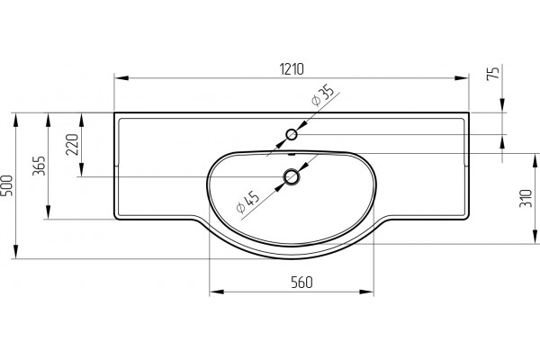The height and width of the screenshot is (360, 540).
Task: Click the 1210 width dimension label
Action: [x=292, y=69]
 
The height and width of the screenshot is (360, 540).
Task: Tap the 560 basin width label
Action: [x=301, y=283]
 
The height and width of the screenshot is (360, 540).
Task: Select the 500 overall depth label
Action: [x=7, y=185]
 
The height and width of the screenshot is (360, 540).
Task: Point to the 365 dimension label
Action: [x=39, y=166]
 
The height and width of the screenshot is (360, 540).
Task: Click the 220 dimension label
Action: [x=72, y=145]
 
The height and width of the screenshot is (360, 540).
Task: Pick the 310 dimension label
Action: [x=526, y=198]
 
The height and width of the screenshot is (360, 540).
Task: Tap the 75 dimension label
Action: [x=493, y=74]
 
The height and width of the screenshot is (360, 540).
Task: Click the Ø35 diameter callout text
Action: [x=323, y=96]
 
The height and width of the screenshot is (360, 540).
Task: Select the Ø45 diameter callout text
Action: [x=247, y=202]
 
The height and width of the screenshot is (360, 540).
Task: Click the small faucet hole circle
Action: [x=292, y=134]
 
